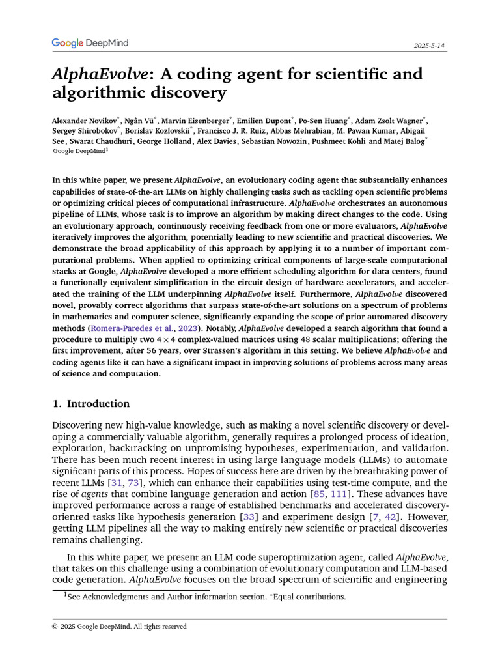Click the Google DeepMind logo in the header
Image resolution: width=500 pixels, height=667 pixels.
(x=90, y=43)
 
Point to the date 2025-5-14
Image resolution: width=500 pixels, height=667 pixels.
(x=430, y=46)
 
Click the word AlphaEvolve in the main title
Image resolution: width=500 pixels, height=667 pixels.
(x=100, y=74)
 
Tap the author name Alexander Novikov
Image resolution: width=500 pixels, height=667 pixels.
(x=84, y=121)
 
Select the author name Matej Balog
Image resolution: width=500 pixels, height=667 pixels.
(x=404, y=141)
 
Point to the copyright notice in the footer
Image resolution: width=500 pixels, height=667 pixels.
(x=119, y=627)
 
